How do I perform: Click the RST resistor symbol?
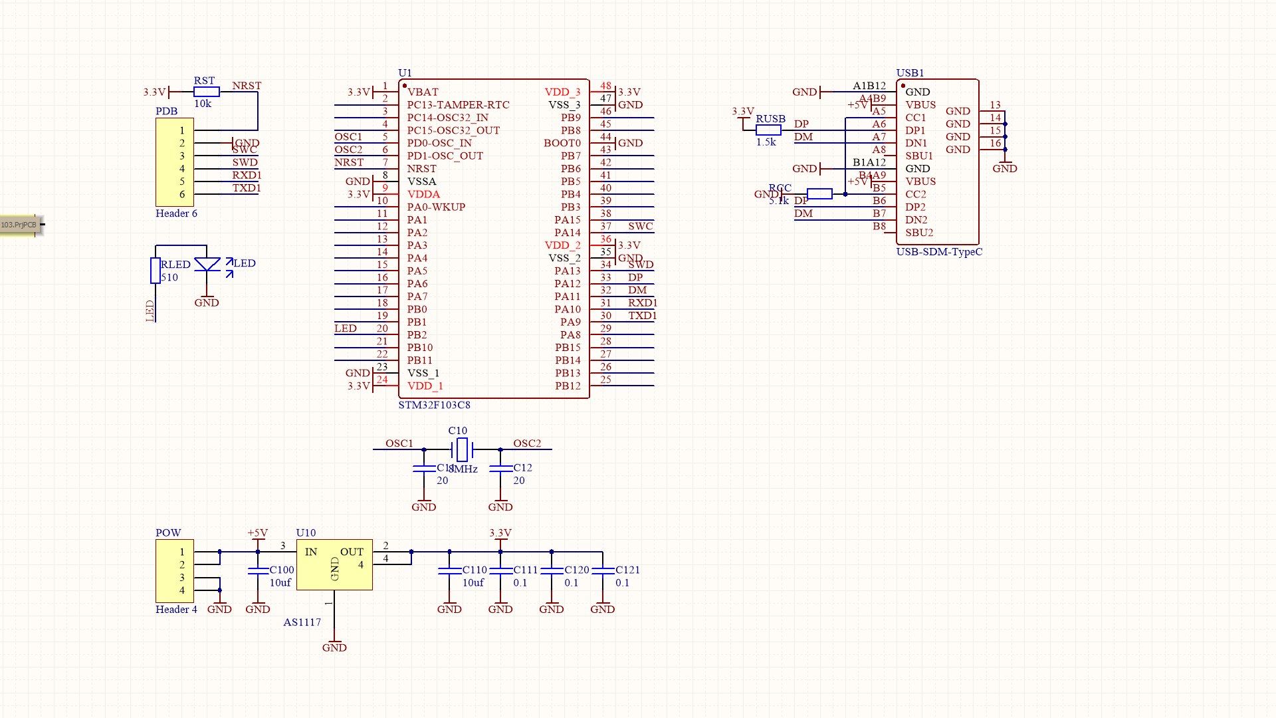[206, 92]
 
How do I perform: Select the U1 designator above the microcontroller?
[405, 72]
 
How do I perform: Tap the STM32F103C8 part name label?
[434, 405]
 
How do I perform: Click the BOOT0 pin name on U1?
[562, 143]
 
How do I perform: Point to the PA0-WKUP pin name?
[436, 207]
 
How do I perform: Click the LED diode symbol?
[207, 265]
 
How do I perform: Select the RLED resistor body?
[155, 271]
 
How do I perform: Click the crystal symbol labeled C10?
[462, 450]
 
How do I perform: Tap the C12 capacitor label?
[522, 468]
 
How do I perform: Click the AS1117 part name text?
[302, 622]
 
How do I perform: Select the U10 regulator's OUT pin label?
[352, 552]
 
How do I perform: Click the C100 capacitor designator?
[281, 570]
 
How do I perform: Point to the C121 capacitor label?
[627, 570]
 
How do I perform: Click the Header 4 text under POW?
[176, 610]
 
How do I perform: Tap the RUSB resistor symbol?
[768, 130]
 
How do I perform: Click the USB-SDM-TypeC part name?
[939, 252]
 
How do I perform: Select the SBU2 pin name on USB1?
[919, 233]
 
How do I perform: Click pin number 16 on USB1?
[995, 143]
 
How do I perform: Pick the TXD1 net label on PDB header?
[247, 188]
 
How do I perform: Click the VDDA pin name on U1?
[423, 194]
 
